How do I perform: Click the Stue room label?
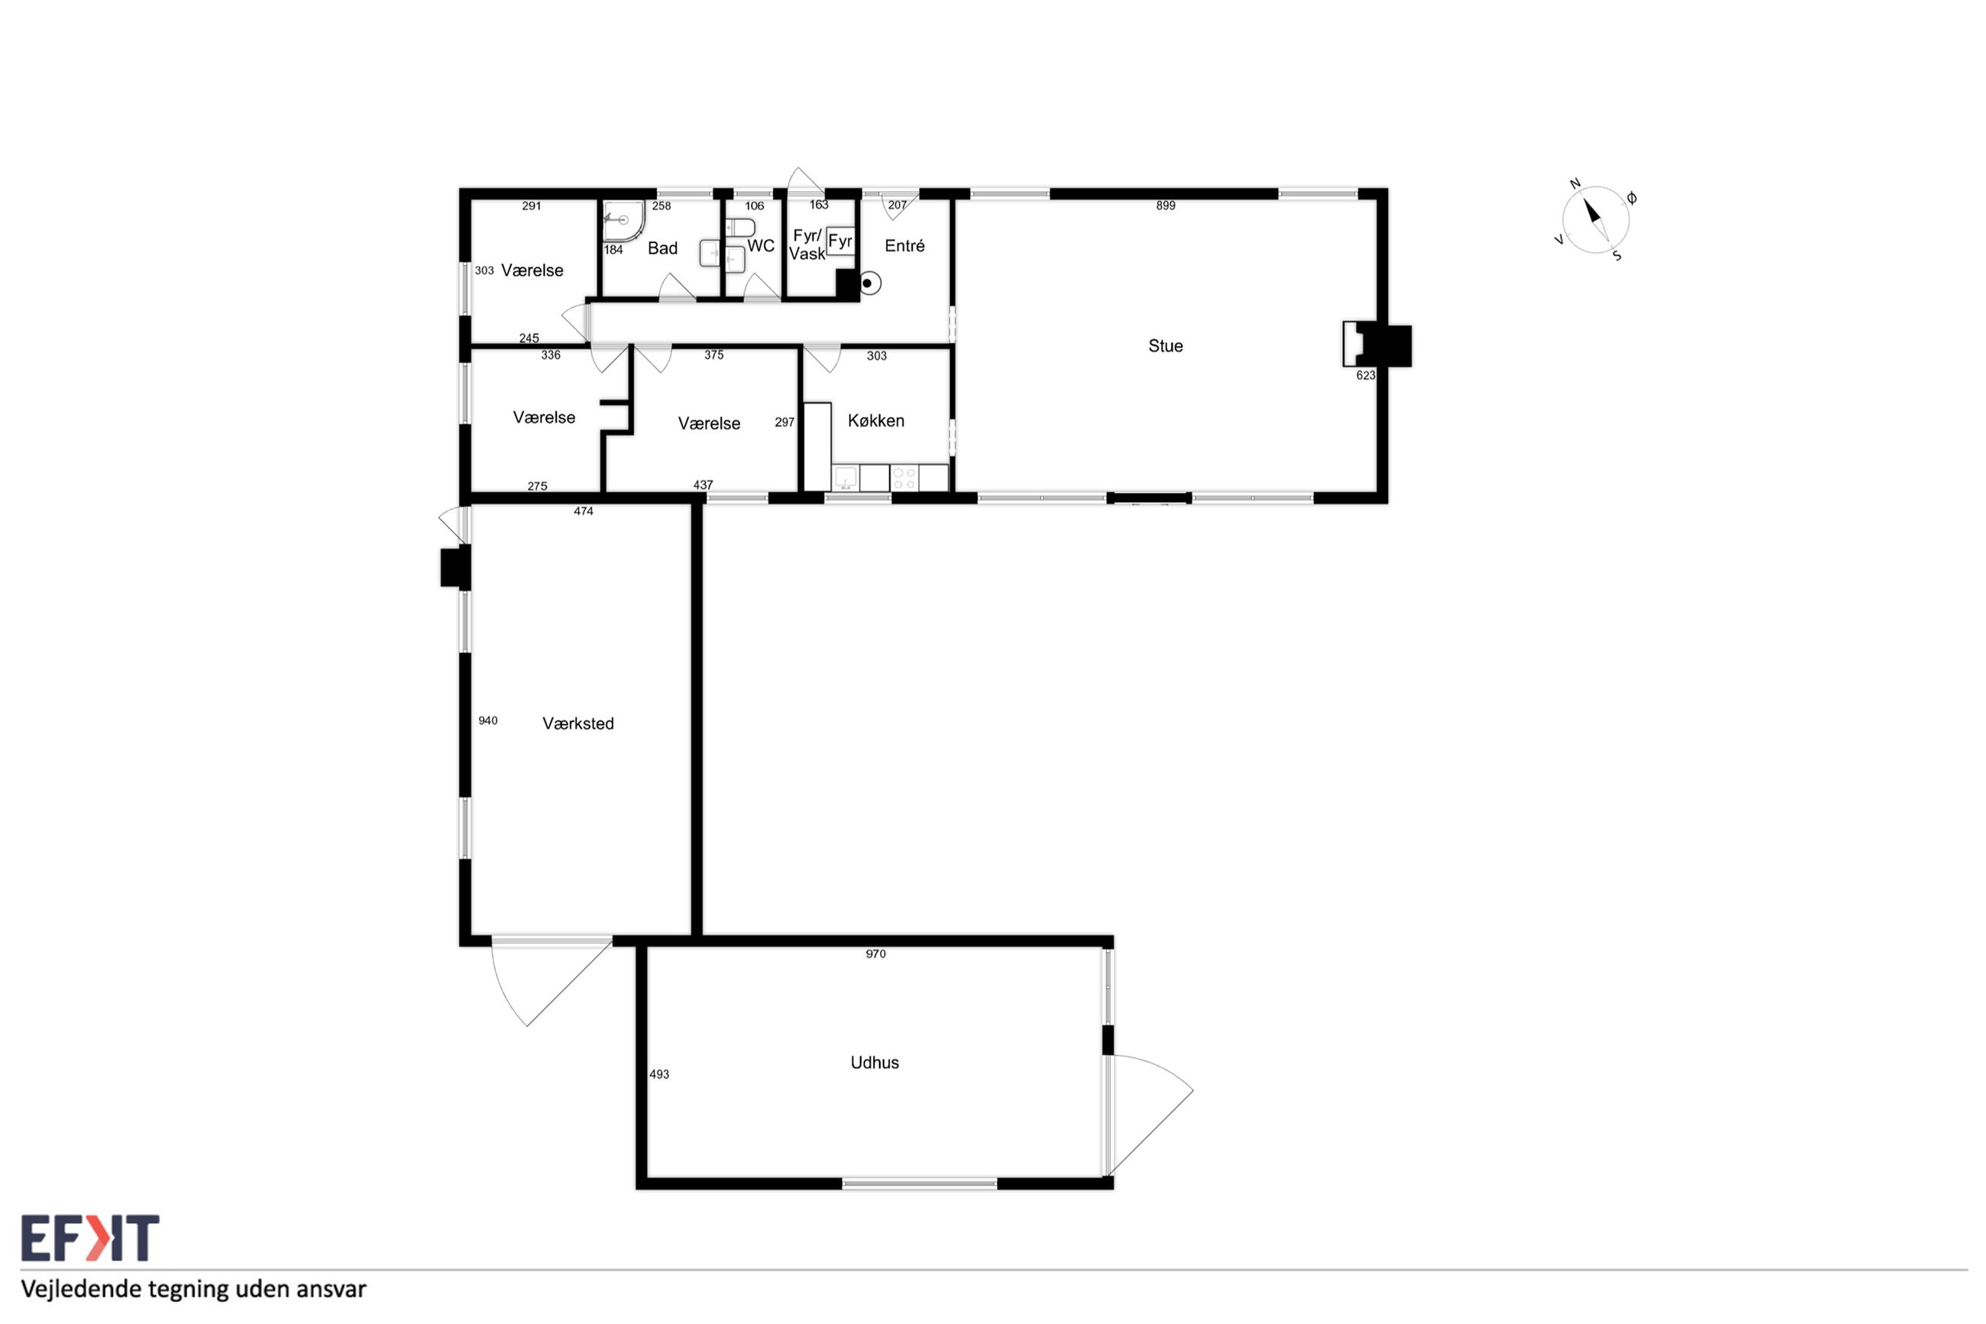pos(1165,345)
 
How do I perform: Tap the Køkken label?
pos(875,420)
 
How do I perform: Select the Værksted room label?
pos(577,723)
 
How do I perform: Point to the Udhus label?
pos(875,1062)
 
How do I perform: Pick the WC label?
pos(761,246)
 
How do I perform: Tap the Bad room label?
pos(662,248)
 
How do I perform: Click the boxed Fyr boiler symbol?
pos(839,241)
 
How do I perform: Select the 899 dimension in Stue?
pos(1165,206)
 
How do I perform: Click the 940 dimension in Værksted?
pos(488,720)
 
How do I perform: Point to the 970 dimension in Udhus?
pos(875,953)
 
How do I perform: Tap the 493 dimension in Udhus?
pos(658,1074)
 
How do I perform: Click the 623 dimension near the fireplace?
pos(1365,375)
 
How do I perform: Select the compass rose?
pos(1594,219)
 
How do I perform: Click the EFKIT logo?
pos(90,1238)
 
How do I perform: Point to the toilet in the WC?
pos(740,228)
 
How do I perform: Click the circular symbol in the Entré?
pos(869,283)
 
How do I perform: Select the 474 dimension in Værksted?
pos(584,511)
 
